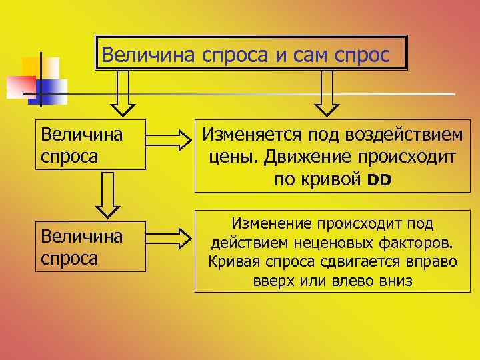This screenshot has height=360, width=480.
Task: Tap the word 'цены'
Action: click(x=236, y=157)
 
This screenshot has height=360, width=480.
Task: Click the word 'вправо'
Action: click(x=432, y=261)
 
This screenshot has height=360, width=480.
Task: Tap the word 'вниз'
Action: click(x=395, y=281)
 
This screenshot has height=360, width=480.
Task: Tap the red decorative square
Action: click(x=20, y=85)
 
